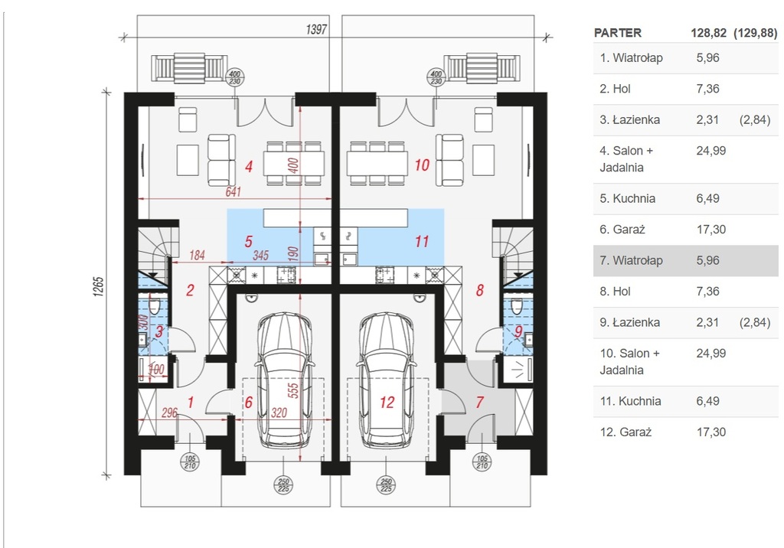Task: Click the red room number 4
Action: point(249,167)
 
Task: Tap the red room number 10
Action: point(422,165)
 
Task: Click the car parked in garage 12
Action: point(386,380)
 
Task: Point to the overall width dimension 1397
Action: point(316,30)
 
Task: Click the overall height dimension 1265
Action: point(98,287)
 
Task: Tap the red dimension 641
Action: point(233,191)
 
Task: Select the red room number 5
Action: point(249,242)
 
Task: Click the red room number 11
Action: point(422,242)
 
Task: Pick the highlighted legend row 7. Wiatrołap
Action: point(685,260)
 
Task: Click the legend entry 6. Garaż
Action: point(622,230)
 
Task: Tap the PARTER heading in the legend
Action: point(618,33)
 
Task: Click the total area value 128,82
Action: point(708,33)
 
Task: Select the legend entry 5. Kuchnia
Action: point(628,198)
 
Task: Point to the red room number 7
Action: point(480,402)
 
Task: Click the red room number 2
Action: point(190,290)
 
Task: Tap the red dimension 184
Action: point(197,255)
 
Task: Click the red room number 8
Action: point(480,290)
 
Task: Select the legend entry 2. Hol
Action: point(616,89)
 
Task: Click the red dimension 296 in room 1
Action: point(169,413)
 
